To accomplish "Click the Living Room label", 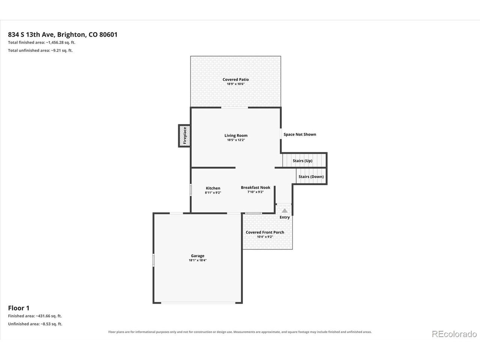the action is pos(236,135).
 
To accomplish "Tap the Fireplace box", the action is pos(184,136).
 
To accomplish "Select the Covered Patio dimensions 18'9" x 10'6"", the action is pos(235,84).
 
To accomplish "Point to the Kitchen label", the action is pos(213,188).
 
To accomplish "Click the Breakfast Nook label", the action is pos(255,187).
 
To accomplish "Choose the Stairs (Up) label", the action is pos(302,160).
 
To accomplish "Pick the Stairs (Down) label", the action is pos(311,177).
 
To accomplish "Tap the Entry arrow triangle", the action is pos(285,210).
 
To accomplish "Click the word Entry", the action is pos(285,217).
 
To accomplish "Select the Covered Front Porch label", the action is pos(265,232).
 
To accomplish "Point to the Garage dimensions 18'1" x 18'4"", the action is pos(198,260).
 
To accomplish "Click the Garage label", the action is pos(198,256).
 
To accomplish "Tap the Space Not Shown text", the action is pos(300,134).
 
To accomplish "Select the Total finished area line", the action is pos(42,42).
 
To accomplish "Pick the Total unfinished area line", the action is pos(40,51).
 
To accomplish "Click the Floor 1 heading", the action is pos(19,308).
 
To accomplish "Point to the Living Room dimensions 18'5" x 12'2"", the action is pos(236,140).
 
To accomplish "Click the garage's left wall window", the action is pos(153,260).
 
